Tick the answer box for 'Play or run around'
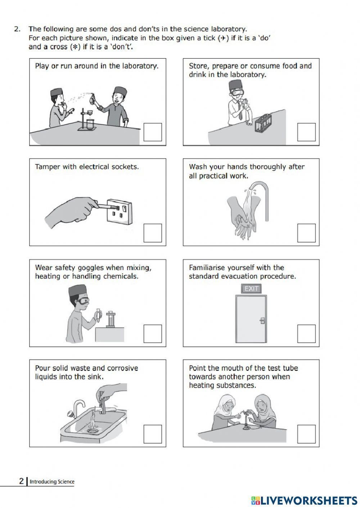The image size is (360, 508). [153, 132]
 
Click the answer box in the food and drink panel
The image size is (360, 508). [306, 132]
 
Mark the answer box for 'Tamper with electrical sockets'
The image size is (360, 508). [153, 233]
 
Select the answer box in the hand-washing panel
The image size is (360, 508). [306, 233]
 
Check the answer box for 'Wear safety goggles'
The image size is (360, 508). [153, 334]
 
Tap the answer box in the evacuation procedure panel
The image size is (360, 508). [306, 334]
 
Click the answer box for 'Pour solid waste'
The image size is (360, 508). [153, 434]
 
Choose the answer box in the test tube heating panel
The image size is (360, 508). [306, 434]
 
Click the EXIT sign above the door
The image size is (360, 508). [251, 288]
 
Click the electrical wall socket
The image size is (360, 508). [120, 212]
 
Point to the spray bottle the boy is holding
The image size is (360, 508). [93, 99]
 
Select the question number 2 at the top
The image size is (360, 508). [17, 29]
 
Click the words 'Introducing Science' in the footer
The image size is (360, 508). [52, 481]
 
